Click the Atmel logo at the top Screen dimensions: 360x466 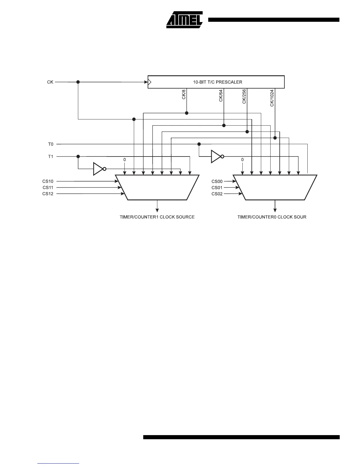pyautogui.click(x=184, y=20)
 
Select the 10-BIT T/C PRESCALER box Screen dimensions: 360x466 pyautogui.click(x=216, y=82)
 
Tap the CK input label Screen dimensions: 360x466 pyautogui.click(x=50, y=82)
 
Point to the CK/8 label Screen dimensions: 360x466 pyautogui.click(x=184, y=94)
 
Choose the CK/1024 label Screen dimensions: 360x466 pyautogui.click(x=272, y=98)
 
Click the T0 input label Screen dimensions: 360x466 pyautogui.click(x=51, y=144)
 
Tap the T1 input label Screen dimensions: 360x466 pyautogui.click(x=51, y=157)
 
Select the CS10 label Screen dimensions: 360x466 pyautogui.click(x=48, y=181)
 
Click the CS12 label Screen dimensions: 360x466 pyautogui.click(x=48, y=194)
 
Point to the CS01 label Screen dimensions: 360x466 pyautogui.click(x=217, y=188)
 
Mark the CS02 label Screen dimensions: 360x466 pyautogui.click(x=217, y=194)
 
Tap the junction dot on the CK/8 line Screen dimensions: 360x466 pyautogui.click(x=187, y=113)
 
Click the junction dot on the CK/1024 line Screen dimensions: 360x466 pyautogui.click(x=275, y=138)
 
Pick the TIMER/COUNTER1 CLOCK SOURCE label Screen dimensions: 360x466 pyautogui.click(x=157, y=217)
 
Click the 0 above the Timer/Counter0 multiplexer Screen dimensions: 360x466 pyautogui.click(x=242, y=160)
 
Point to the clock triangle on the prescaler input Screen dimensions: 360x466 pyautogui.click(x=149, y=82)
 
